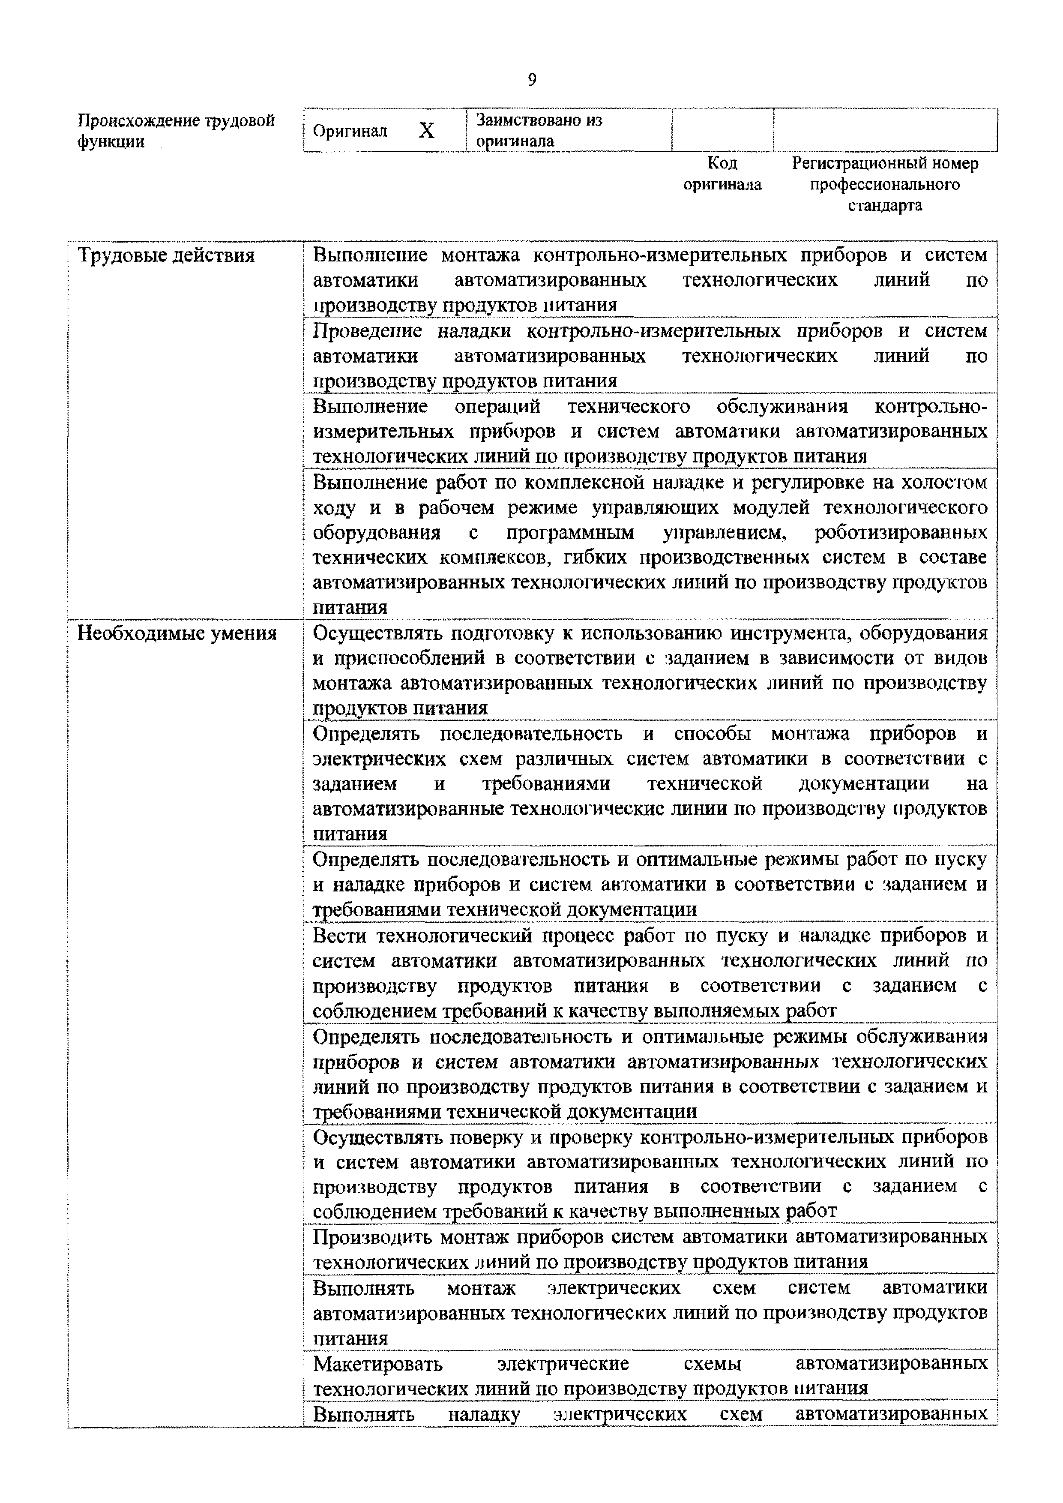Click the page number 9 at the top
[x=531, y=80]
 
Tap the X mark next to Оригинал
[x=426, y=131]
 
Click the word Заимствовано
[x=539, y=120]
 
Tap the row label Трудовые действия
[x=166, y=255]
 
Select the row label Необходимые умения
[x=177, y=634]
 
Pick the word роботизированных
[x=901, y=533]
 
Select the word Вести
[x=338, y=936]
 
